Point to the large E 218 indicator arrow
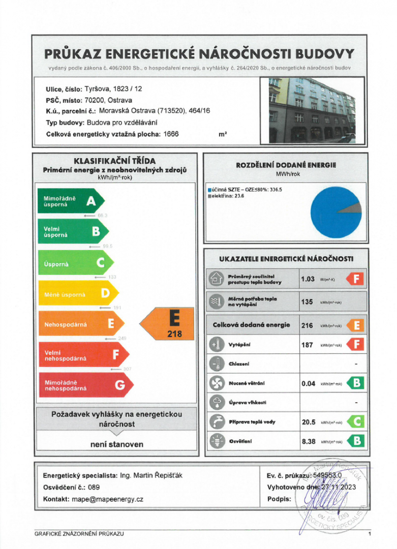click(168, 324)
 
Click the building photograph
click(313, 110)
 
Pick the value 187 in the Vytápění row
click(307, 345)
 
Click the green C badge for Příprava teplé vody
click(356, 421)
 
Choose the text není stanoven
click(117, 444)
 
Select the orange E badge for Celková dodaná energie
click(356, 325)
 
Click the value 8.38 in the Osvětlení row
click(309, 441)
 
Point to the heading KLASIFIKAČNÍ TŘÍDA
click(114, 161)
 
